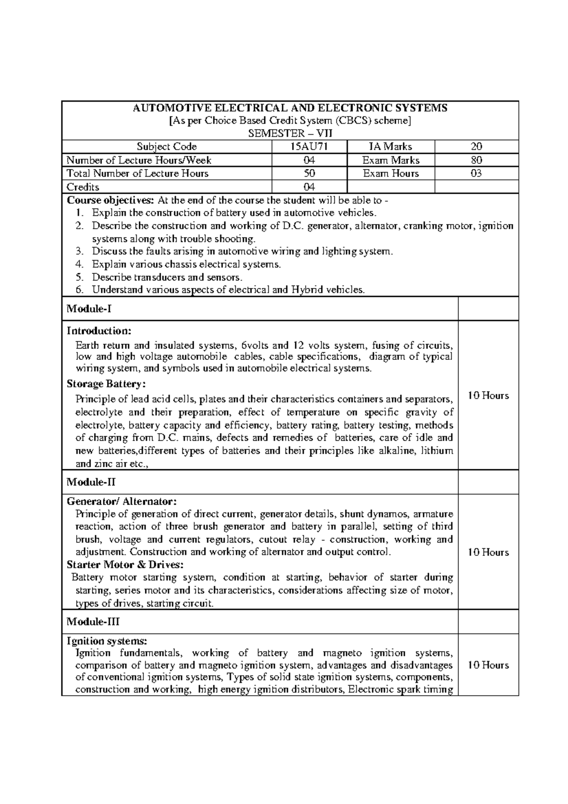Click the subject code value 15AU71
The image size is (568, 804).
pos(310,147)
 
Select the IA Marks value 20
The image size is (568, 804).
pos(476,147)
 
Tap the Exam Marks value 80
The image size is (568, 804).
pos(476,160)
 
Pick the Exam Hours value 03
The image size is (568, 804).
pos(476,173)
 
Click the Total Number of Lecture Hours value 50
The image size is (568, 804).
pos(310,173)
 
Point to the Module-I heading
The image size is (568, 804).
pos(89,309)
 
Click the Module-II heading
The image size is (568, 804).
pos(91,482)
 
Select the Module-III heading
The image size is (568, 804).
pos(93,621)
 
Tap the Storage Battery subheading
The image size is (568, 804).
pos(106,384)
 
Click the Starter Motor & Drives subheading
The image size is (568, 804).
pos(125,564)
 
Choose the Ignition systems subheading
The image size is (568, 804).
pos(107,641)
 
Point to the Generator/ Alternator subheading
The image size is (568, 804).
pos(122,501)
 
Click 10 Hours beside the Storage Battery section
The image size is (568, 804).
pos(488,396)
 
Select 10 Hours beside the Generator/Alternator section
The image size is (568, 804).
pos(488,552)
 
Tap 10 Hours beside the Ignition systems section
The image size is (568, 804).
pos(488,665)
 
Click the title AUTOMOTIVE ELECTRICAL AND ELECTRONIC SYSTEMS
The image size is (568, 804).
pos(290,108)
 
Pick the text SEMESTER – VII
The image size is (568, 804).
pos(290,134)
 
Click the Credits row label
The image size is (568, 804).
pos(83,187)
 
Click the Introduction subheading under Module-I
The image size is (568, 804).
pos(99,331)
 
